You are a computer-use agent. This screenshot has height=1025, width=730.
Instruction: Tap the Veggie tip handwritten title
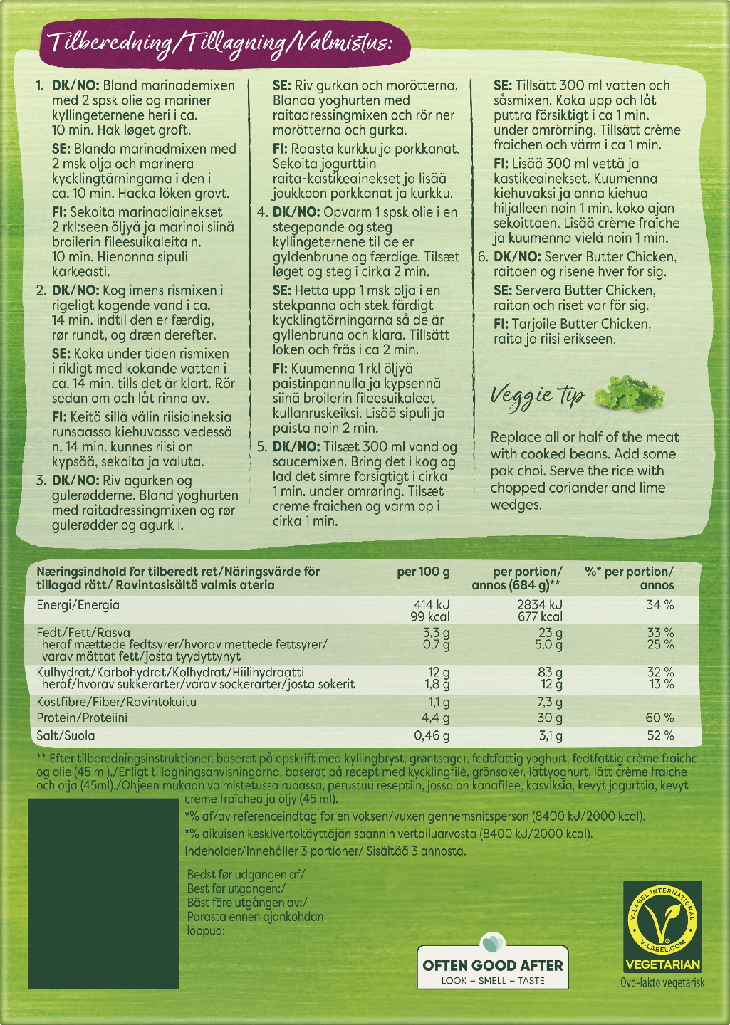coord(538,396)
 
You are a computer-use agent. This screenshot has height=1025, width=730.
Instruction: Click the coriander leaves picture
coord(629,393)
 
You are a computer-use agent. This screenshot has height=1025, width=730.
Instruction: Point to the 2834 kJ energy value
coord(539,605)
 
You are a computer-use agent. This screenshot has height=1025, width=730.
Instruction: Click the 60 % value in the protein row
coord(659,717)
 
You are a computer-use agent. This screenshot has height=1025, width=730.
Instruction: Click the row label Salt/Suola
coord(66,736)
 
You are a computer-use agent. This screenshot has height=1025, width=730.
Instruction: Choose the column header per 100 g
coord(423,572)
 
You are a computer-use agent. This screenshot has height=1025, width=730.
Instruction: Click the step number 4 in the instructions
coord(261,212)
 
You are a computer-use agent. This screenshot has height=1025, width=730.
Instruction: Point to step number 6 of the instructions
coord(482,257)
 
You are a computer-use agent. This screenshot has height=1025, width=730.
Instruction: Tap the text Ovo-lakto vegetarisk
coord(662,983)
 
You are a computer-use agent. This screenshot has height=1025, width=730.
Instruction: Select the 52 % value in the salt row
coord(659,736)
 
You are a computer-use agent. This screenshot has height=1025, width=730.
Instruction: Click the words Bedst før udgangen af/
coord(245,875)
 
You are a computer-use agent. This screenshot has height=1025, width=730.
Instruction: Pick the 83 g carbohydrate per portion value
coord(550,672)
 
